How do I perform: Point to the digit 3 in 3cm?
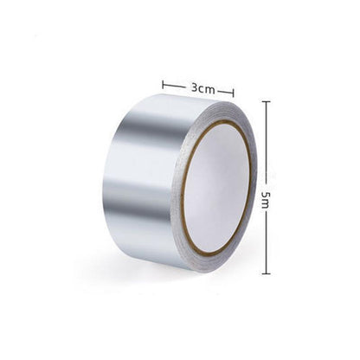195,87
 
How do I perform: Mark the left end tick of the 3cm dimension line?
163,85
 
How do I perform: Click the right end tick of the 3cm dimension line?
234,91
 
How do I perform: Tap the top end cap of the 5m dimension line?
266,102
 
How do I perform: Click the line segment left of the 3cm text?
175,86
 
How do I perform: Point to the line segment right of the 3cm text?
225,90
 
